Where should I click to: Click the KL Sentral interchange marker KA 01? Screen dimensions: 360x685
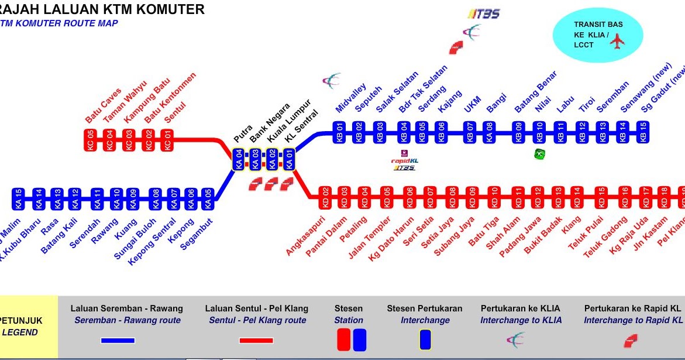click(288, 159)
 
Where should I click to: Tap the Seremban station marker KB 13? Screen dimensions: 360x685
click(602, 132)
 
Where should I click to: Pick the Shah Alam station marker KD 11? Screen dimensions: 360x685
click(518, 198)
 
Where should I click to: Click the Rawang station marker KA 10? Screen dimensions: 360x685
click(116, 200)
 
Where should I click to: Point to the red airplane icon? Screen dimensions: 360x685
click(617, 40)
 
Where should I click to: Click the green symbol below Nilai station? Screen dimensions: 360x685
click(539, 154)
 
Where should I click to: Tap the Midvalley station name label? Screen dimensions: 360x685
click(351, 98)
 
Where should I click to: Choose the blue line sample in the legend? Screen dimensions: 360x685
click(118, 340)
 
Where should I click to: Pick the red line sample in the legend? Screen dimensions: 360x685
click(256, 340)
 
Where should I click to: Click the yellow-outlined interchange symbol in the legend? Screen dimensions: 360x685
click(425, 340)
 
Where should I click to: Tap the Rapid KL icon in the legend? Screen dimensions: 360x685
click(631, 340)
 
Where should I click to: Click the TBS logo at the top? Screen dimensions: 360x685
click(484, 13)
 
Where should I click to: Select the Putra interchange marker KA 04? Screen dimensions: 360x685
click(238, 159)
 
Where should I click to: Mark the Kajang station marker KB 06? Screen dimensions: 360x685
click(441, 132)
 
